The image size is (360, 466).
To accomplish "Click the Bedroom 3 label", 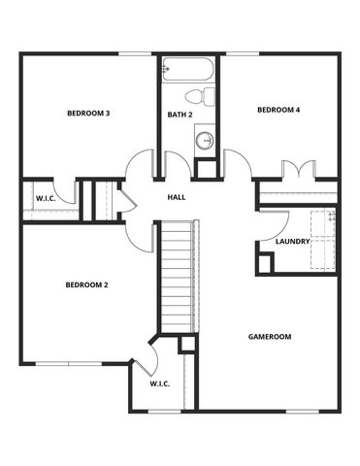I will click(x=87, y=114).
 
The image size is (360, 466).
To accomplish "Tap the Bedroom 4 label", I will click(x=278, y=110).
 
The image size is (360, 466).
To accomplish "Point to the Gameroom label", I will click(x=269, y=336).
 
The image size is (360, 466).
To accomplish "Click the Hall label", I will click(x=177, y=197).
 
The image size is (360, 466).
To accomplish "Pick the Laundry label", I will click(x=292, y=242).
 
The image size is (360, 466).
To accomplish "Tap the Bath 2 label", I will click(x=180, y=115).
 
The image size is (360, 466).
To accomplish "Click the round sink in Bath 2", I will click(x=205, y=141).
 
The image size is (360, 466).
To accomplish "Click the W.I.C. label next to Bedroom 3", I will click(x=46, y=198).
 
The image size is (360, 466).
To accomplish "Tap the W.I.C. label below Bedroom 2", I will click(x=160, y=383).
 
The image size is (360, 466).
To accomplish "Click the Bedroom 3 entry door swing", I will click(x=141, y=163).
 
